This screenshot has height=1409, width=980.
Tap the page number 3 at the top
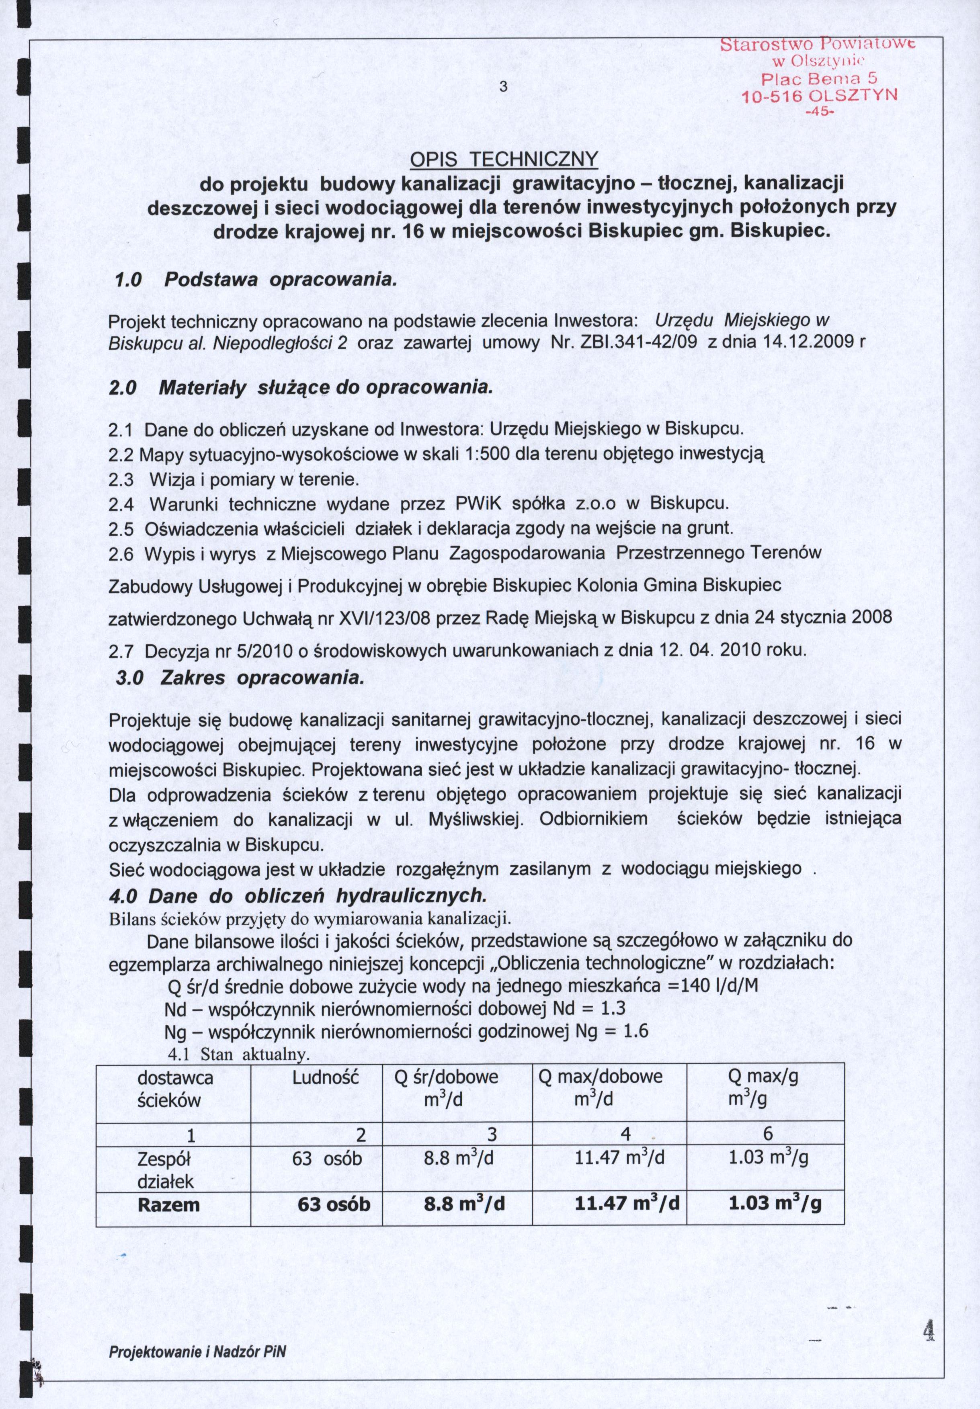[x=502, y=86]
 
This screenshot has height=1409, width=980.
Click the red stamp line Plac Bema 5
[x=819, y=78]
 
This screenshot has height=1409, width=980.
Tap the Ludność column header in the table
[x=326, y=1077]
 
